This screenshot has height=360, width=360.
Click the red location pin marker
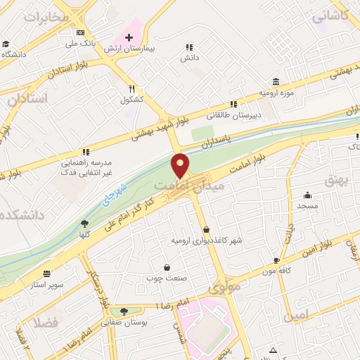tap(181, 166)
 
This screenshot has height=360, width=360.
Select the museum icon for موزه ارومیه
tap(275, 82)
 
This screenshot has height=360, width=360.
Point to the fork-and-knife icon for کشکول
tap(131, 89)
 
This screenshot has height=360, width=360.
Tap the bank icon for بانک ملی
tap(80, 32)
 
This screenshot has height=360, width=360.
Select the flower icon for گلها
tap(84, 224)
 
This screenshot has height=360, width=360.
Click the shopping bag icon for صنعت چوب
tap(167, 267)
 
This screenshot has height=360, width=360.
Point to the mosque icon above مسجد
tap(307, 195)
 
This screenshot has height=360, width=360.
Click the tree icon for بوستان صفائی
tap(124, 311)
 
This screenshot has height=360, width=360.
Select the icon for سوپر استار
tap(46, 274)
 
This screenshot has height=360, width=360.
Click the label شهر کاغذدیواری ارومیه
tap(207, 240)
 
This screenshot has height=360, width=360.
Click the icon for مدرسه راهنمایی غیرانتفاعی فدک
tap(86, 151)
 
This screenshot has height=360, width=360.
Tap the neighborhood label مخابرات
tap(46, 18)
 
